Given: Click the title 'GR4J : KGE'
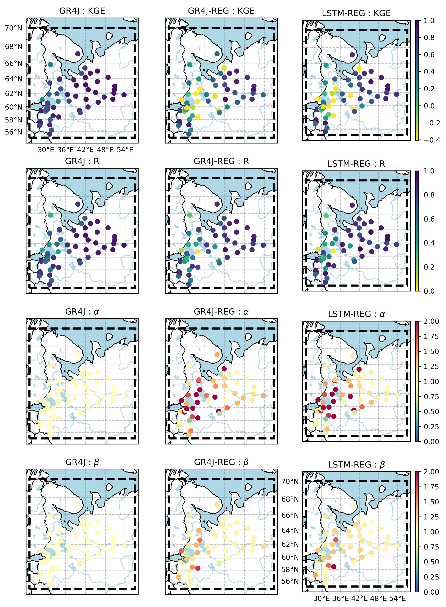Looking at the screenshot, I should (82, 11).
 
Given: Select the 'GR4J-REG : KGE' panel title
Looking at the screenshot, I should (221, 11).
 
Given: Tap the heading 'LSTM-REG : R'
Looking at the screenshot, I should (356, 164).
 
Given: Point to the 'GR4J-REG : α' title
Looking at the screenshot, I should (221, 312).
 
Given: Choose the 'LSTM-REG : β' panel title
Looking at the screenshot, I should (356, 464).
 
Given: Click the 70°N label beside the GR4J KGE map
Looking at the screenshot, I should (14, 28).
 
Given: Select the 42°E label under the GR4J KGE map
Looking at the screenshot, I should (85, 150).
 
